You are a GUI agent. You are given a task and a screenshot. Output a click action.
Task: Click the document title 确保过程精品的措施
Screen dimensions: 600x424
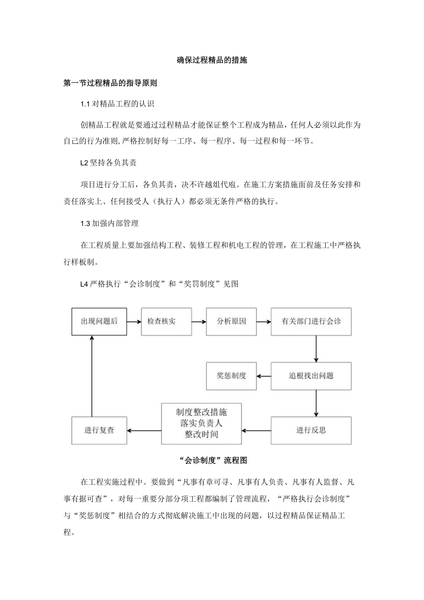(212, 60)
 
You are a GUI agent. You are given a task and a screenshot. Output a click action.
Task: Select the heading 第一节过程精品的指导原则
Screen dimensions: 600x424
(110, 83)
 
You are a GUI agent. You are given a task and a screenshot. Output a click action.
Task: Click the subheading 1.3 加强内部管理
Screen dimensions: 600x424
(109, 223)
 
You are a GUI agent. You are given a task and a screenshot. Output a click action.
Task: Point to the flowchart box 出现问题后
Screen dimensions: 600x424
(99, 321)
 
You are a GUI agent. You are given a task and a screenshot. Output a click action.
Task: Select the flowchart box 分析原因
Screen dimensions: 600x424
(231, 321)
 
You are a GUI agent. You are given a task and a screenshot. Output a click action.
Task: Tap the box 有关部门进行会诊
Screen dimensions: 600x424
(311, 321)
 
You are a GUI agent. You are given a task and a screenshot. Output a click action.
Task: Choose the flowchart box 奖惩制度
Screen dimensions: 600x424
(231, 376)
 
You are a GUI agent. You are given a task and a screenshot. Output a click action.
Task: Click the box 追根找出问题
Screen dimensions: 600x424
(311, 376)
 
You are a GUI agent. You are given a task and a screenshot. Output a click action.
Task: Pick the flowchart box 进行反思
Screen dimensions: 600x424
(311, 430)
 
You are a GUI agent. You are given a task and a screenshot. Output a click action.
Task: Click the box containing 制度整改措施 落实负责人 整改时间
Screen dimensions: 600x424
(201, 423)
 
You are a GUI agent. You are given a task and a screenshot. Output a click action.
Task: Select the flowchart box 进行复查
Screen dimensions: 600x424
(99, 430)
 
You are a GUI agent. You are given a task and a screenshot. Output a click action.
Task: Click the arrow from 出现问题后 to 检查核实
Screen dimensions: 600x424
(134, 321)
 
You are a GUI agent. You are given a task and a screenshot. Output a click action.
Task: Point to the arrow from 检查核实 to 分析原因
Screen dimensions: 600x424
(199, 321)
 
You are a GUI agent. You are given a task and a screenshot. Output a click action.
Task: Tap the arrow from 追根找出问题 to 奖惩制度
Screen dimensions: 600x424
(264, 376)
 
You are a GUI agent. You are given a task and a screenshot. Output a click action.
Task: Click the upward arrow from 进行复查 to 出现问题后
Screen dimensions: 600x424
(92, 376)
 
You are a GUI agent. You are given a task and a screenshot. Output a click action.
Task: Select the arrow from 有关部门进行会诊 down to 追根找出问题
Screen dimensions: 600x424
(316, 349)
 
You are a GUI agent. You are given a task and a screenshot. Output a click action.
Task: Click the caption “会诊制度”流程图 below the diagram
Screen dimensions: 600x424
(212, 460)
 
